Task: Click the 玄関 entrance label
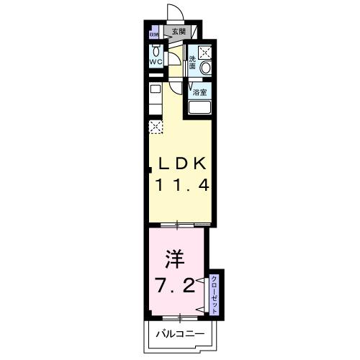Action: click(x=177, y=32)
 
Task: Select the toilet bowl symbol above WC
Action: click(x=156, y=51)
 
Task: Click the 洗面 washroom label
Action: click(x=192, y=63)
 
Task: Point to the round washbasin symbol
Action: click(x=205, y=68)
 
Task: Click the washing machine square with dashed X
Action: click(x=205, y=52)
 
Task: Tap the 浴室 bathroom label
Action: click(x=200, y=92)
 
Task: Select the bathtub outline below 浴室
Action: click(x=200, y=108)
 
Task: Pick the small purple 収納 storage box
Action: click(x=153, y=34)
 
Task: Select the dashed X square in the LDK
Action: click(x=155, y=127)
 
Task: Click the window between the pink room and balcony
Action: click(x=179, y=317)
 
